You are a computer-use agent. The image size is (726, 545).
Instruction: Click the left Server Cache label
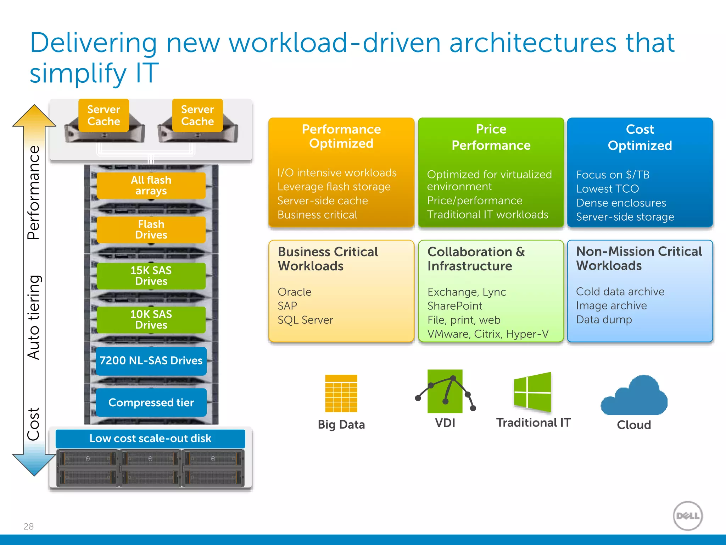(x=104, y=115)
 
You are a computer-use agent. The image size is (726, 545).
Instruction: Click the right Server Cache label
(x=197, y=115)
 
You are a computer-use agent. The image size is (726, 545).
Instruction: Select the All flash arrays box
(x=151, y=185)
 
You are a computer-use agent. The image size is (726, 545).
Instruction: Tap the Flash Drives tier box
(x=151, y=230)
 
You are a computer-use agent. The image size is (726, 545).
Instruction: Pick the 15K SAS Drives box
(x=151, y=276)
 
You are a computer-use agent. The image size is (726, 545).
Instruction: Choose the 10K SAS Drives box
(x=151, y=319)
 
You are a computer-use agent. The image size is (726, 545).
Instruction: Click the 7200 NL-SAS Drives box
(x=151, y=360)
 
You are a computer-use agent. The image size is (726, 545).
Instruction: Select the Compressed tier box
(x=151, y=402)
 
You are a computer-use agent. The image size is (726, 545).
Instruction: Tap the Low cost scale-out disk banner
(x=150, y=439)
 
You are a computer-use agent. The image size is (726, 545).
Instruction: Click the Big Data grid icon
(x=341, y=393)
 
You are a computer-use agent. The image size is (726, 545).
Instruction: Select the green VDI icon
(x=445, y=391)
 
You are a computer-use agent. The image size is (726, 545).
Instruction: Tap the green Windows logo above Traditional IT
(x=532, y=392)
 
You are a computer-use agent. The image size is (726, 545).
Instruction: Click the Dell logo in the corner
(x=688, y=516)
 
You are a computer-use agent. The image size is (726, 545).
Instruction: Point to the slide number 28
(x=29, y=526)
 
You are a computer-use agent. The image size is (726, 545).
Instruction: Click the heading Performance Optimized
(x=341, y=136)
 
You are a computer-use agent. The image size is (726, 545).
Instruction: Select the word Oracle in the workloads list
(x=295, y=292)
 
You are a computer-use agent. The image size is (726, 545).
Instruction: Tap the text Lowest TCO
(x=608, y=189)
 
